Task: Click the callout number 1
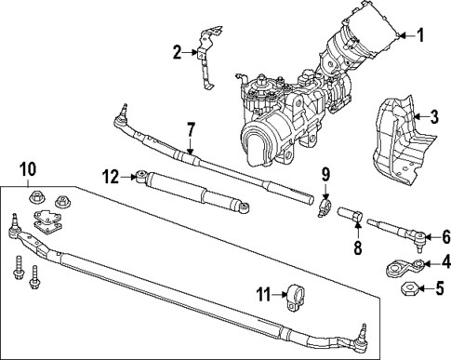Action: [419, 37]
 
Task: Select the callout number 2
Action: [178, 52]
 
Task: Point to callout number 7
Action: [189, 128]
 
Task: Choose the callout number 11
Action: [263, 295]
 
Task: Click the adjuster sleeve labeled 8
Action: [352, 219]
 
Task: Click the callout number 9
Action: [325, 174]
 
